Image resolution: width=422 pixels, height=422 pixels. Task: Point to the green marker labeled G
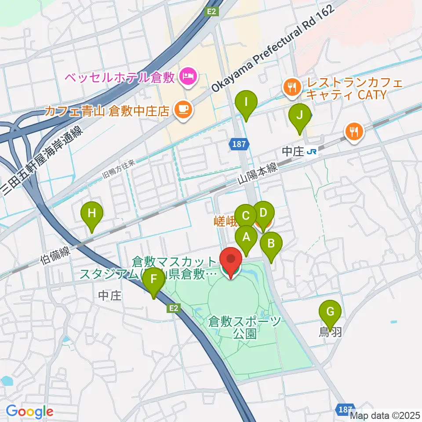click(x=330, y=313)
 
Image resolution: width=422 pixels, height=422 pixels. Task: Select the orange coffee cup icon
click(x=183, y=109)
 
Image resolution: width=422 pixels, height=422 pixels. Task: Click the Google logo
click(x=29, y=411)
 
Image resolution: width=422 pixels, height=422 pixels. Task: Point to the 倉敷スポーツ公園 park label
click(x=245, y=327)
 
